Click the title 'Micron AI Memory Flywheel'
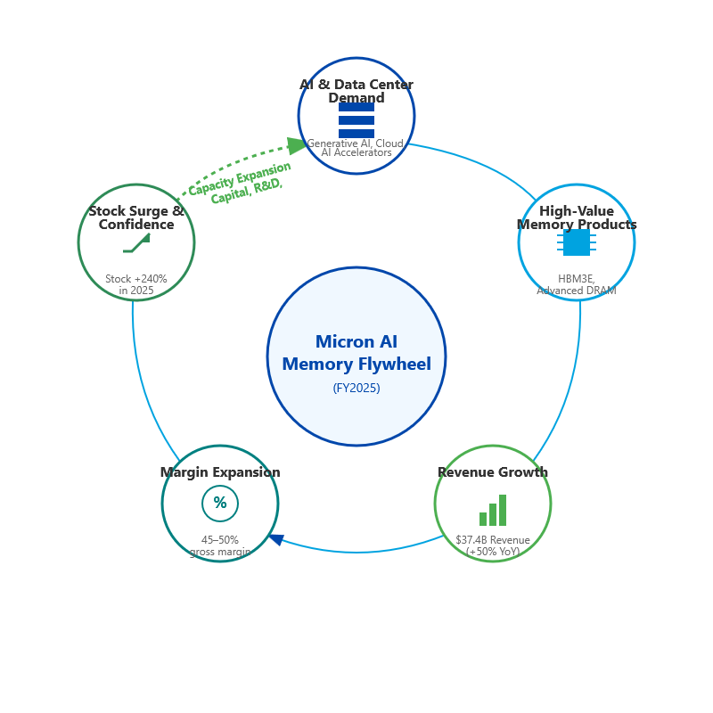356,352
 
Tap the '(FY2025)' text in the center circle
356,388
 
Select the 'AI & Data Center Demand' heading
356,91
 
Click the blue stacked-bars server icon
356,120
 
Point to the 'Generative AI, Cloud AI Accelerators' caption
356,148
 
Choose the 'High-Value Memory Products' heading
577,217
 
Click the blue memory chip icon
577,242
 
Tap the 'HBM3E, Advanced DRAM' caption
577,285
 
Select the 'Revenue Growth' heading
493,472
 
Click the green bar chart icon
493,511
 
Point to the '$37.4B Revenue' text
493,540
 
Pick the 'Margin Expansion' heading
220,472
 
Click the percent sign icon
220,504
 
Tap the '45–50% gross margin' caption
220,545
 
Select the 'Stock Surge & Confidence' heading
136,217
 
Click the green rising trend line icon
137,243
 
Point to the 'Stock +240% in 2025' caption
136,284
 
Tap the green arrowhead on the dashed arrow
297,145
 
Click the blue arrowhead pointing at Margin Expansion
276,539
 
